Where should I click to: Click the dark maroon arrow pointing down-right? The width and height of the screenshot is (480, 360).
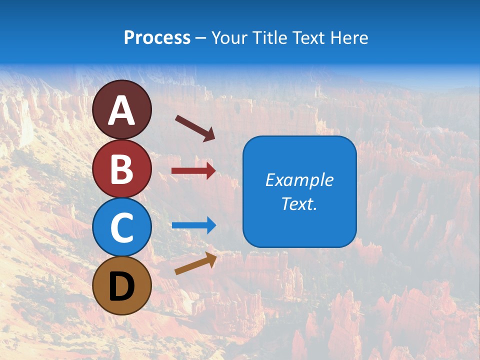point(195,128)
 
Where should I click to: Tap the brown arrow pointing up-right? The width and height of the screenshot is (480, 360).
point(195,263)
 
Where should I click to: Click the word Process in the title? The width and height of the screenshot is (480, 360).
point(157,37)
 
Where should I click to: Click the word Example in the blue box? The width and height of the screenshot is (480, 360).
point(299,180)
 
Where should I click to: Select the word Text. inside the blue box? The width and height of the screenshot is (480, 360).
point(299,203)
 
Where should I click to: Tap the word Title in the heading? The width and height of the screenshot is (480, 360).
point(269,37)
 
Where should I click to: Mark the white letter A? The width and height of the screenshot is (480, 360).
point(121,111)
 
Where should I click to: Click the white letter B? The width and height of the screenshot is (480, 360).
point(121,169)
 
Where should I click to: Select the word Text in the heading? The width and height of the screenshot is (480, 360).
point(309,37)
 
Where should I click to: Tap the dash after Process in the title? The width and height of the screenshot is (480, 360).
point(201,38)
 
